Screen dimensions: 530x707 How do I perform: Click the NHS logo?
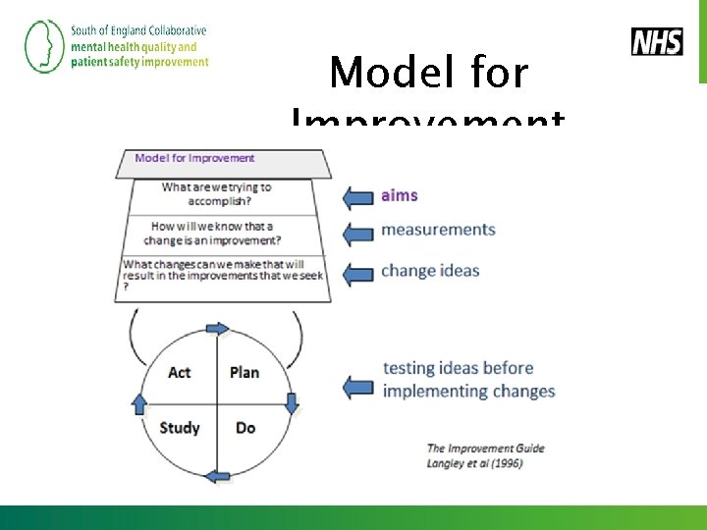coord(657,41)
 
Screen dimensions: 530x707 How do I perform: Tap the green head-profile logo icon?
coord(43,46)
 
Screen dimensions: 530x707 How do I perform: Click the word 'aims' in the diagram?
coord(400,195)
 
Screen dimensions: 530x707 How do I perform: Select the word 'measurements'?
coord(438,230)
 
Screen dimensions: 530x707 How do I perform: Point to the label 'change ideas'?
coord(430,270)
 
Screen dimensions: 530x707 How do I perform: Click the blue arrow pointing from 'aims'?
coord(357,197)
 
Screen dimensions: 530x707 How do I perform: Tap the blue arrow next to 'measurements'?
coord(357,234)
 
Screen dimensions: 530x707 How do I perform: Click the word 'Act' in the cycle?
coord(180,372)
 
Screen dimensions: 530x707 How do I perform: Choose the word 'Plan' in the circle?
coord(245,372)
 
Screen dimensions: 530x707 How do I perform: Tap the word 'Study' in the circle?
coord(180,427)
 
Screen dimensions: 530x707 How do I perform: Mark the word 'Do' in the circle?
coord(245,427)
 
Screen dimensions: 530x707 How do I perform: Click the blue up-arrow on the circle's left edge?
coord(138,402)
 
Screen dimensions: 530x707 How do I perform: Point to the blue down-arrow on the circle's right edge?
coord(292,401)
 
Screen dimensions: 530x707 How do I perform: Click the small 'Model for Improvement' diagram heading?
coord(194,158)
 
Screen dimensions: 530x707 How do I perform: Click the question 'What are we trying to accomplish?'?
coord(216,193)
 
